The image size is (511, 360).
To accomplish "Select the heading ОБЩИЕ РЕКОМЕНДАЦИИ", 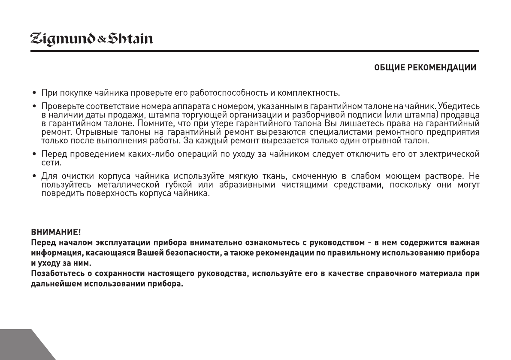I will point(426,68).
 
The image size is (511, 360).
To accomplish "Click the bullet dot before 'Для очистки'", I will point(34,176).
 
